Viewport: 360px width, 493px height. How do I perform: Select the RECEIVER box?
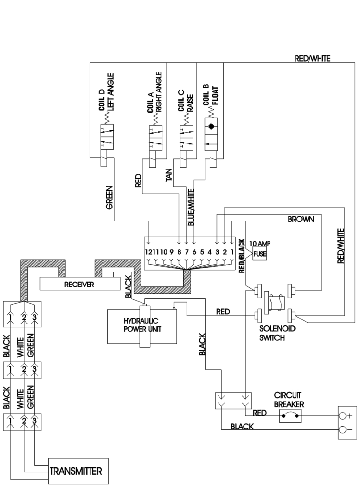point(79,285)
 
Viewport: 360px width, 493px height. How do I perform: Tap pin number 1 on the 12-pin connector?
point(231,251)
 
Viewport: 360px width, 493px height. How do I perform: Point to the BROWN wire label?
point(301,219)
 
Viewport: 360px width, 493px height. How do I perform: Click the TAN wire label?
point(169,177)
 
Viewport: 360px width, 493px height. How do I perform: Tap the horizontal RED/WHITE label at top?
point(312,59)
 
